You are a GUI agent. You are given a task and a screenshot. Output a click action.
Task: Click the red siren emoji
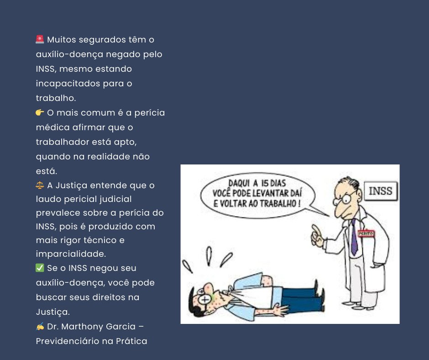point(40,39)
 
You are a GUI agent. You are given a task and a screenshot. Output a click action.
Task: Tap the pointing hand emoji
point(40,112)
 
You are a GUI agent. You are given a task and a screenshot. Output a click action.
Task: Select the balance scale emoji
point(40,185)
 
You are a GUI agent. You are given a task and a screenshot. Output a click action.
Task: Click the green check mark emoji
point(40,268)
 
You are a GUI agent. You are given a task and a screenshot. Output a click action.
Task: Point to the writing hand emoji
point(40,326)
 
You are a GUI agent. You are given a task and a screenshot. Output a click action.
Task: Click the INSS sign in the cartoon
point(381,191)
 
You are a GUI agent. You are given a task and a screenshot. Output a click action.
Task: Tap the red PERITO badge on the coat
point(366,233)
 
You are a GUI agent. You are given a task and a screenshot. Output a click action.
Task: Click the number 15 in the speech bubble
point(265,183)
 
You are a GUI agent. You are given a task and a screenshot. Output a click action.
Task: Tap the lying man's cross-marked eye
point(204,299)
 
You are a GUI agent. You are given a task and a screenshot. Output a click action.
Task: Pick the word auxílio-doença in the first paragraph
point(70,54)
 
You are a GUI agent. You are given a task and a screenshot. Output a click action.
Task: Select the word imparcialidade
point(71,254)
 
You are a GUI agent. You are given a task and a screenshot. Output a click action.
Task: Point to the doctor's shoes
point(361,305)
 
